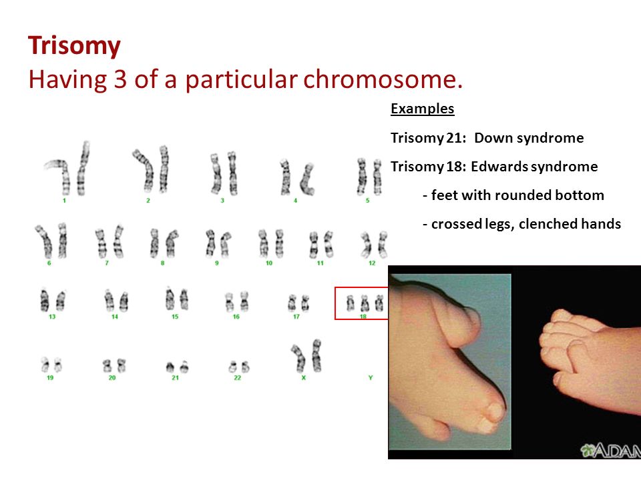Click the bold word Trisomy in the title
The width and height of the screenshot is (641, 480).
[x=74, y=46]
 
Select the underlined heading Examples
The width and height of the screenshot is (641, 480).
[x=422, y=109]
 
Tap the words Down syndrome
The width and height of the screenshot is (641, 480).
[x=529, y=138]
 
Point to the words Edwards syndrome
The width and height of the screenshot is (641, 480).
[x=534, y=167]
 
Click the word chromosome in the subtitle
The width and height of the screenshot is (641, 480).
[x=383, y=79]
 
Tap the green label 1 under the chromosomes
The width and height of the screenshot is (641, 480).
[x=64, y=201]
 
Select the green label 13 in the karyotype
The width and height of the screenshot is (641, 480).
[x=52, y=316]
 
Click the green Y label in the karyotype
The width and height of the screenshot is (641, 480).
[x=371, y=377]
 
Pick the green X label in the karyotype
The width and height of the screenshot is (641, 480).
[x=303, y=377]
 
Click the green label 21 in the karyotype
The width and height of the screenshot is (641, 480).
[x=175, y=377]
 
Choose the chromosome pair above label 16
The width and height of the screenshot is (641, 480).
[x=236, y=301]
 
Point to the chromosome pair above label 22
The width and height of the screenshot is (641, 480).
[x=239, y=367]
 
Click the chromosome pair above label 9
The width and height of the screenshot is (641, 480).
[x=218, y=244]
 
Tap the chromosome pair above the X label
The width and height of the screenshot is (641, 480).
[x=306, y=356]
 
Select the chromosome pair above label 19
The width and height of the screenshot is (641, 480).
[x=51, y=365]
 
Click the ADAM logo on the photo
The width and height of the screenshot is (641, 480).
[x=610, y=450]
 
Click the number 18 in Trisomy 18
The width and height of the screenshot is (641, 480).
[x=455, y=167]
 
